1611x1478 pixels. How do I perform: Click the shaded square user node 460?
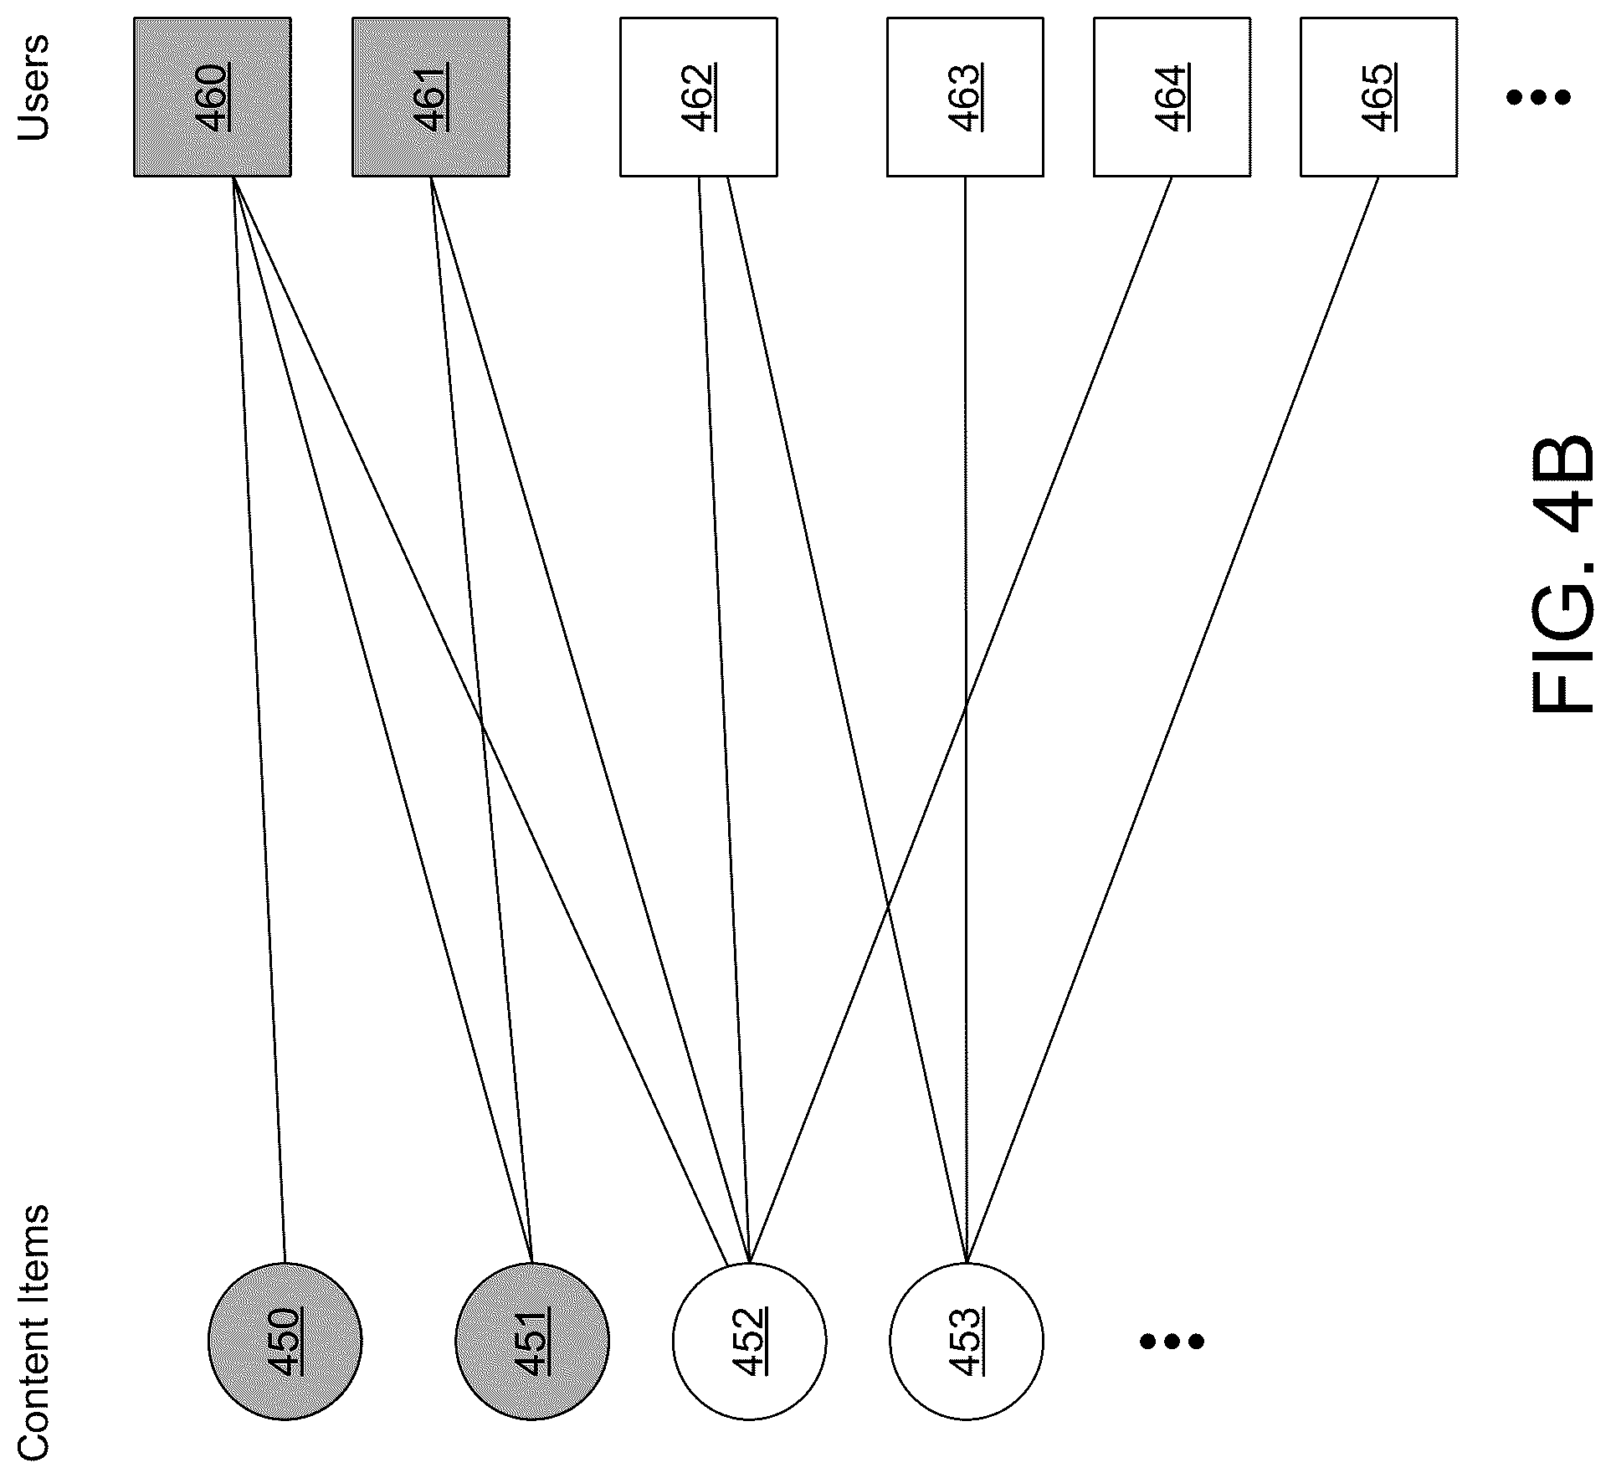[x=213, y=97]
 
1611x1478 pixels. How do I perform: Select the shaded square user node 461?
[x=430, y=97]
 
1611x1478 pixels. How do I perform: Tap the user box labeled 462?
[x=698, y=97]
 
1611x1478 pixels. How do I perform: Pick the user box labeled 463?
[x=965, y=97]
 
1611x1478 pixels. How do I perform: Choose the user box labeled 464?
[x=1172, y=97]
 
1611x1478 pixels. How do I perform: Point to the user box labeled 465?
[x=1378, y=97]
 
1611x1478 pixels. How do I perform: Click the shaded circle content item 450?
[x=285, y=1342]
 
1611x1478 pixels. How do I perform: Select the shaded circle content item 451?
[x=532, y=1342]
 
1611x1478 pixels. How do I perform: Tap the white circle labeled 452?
[x=749, y=1342]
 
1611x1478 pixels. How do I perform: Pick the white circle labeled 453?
[x=967, y=1342]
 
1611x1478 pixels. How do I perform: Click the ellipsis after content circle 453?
[x=1172, y=1342]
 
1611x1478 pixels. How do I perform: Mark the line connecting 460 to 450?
[x=259, y=720]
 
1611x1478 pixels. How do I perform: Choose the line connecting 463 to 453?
[x=966, y=720]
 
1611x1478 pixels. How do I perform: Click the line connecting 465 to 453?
[x=1172, y=720]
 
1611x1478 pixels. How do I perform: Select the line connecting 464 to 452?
[x=961, y=720]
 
